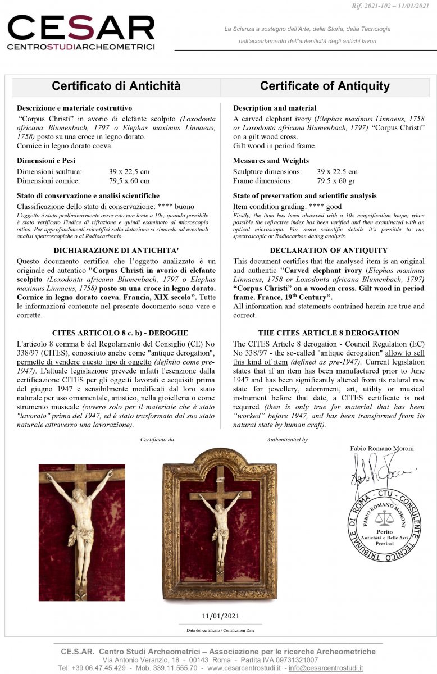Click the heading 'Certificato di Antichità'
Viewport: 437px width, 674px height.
[116, 86]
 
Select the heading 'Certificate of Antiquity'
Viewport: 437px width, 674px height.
[325, 86]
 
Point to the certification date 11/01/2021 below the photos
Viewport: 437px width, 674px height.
[220, 616]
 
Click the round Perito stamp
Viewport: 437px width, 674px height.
[384, 525]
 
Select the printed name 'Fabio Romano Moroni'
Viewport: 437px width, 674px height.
[381, 448]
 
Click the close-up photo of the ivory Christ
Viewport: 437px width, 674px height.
[82, 532]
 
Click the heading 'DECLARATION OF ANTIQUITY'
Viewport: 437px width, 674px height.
[329, 251]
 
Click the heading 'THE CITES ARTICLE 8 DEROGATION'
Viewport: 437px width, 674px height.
[329, 333]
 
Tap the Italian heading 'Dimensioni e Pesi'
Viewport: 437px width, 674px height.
[46, 161]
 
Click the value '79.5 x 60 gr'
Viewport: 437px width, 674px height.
[337, 181]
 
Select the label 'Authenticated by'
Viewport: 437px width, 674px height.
[287, 440]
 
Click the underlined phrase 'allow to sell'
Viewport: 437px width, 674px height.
[404, 353]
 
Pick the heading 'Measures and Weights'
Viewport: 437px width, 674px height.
[271, 161]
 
